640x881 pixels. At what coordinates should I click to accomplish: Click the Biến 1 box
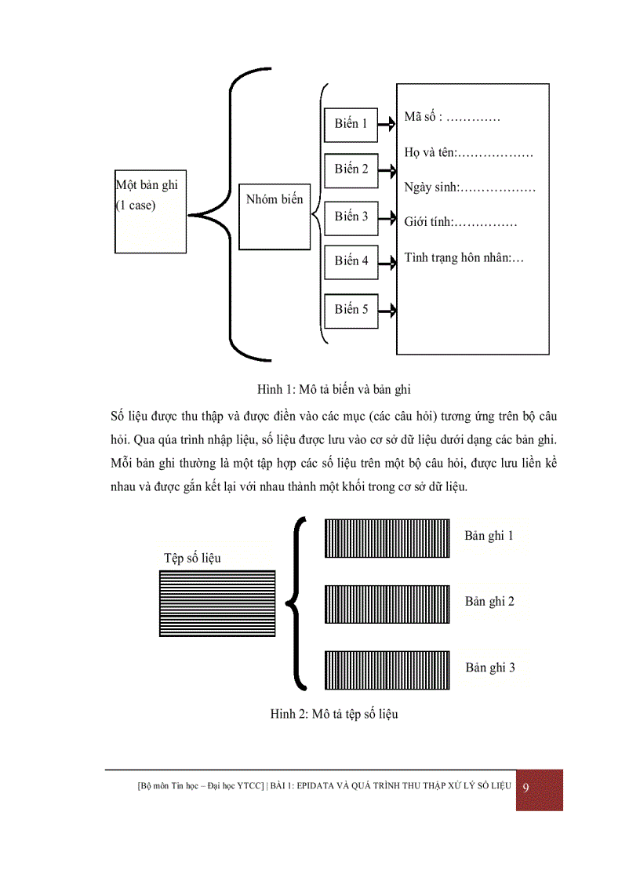click(x=351, y=124)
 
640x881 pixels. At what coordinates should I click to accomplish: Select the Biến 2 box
click(x=351, y=170)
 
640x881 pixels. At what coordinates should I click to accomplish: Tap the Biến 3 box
click(x=351, y=217)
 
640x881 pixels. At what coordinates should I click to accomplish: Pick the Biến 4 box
click(x=351, y=261)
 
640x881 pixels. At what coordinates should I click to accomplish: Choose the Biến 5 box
click(x=351, y=310)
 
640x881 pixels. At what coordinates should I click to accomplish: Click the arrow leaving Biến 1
click(x=387, y=123)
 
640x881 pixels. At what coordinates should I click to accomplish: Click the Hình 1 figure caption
click(x=333, y=389)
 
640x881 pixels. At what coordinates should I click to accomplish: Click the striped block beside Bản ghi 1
click(x=387, y=538)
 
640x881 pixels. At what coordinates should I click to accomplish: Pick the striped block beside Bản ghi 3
click(x=387, y=670)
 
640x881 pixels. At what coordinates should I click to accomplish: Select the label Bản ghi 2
click(x=489, y=602)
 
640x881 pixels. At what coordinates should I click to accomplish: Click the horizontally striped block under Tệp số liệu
click(x=217, y=603)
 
